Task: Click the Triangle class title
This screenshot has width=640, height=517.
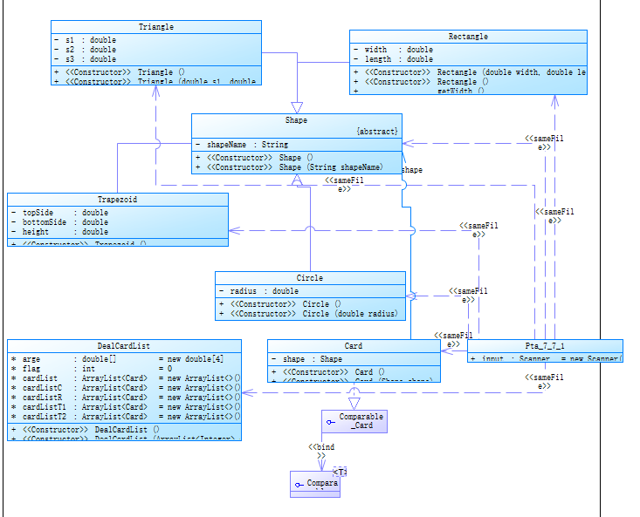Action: pyautogui.click(x=155, y=27)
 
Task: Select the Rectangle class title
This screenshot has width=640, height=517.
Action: pyautogui.click(x=468, y=37)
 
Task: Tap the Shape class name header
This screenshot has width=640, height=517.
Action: pyautogui.click(x=296, y=120)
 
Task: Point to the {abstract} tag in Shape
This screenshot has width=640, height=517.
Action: pyautogui.click(x=377, y=131)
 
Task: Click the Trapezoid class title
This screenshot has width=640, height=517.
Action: pyautogui.click(x=117, y=200)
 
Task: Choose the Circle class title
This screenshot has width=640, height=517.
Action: pyautogui.click(x=310, y=278)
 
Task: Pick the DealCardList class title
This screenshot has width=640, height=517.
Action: pyautogui.click(x=124, y=346)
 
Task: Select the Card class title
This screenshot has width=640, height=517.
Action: pyautogui.click(x=354, y=346)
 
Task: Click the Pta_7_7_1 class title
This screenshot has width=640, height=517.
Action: pyautogui.click(x=545, y=346)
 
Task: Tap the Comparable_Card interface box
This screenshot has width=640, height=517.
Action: pyautogui.click(x=354, y=422)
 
